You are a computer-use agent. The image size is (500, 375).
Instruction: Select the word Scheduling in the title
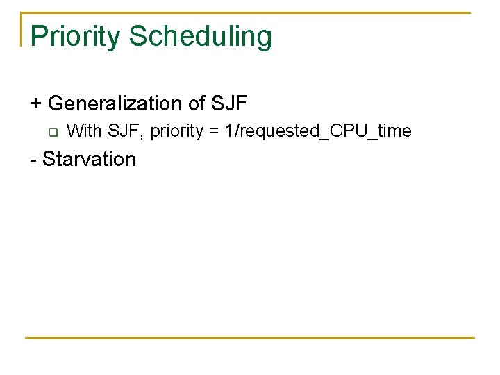pos(201,36)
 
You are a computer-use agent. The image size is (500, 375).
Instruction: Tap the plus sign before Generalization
pos(36,104)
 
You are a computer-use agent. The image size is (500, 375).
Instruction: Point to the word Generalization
pos(115,104)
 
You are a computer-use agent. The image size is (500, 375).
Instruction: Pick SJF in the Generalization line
pos(228,104)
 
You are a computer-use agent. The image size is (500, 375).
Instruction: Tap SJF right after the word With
pos(125,131)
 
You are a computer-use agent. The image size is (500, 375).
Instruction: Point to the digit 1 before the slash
pos(230,131)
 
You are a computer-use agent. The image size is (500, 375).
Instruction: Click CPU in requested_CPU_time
pos(348,131)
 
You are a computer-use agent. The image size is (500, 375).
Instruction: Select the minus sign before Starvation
pos(33,160)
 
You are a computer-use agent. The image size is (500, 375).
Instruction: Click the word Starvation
pos(90,159)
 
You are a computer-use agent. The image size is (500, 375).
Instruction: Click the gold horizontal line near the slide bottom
pos(250,337)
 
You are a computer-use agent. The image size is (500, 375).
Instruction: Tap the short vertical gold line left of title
pos(22,29)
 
